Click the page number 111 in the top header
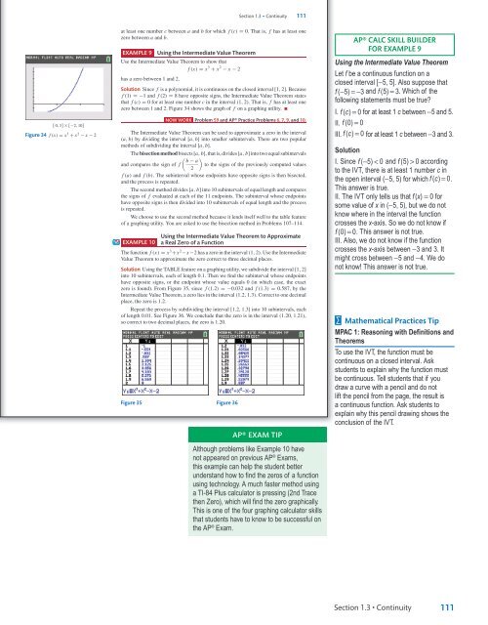[303, 11]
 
